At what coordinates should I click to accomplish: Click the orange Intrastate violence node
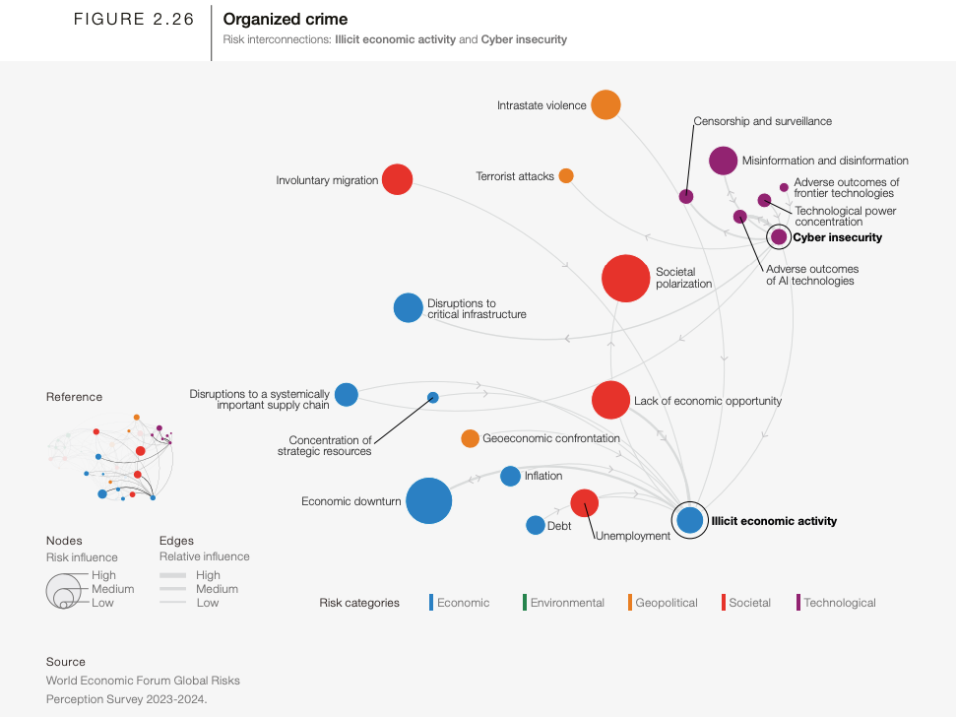click(x=605, y=104)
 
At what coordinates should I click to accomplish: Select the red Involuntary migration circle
click(x=397, y=179)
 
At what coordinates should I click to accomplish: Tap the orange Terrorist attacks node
click(x=566, y=175)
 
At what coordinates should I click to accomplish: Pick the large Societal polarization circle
click(x=624, y=278)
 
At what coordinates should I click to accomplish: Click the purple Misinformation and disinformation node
click(x=723, y=160)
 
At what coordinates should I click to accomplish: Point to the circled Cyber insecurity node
click(x=779, y=236)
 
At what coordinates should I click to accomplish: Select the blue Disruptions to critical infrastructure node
click(x=408, y=308)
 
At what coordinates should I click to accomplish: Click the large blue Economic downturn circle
click(x=428, y=500)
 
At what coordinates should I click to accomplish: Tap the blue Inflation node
click(x=510, y=476)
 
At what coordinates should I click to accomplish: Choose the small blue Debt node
click(x=535, y=525)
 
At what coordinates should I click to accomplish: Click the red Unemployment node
click(x=584, y=502)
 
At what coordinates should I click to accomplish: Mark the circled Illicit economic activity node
click(x=689, y=520)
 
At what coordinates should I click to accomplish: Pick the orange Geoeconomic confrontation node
click(x=470, y=438)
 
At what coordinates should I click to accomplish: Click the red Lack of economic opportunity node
click(x=610, y=400)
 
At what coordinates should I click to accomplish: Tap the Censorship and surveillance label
click(x=762, y=121)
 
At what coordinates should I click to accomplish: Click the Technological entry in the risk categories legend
click(x=839, y=603)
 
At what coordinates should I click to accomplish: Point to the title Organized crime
click(x=286, y=19)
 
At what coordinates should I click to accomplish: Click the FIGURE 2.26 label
click(x=134, y=20)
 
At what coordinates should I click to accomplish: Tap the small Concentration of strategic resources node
click(x=432, y=398)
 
